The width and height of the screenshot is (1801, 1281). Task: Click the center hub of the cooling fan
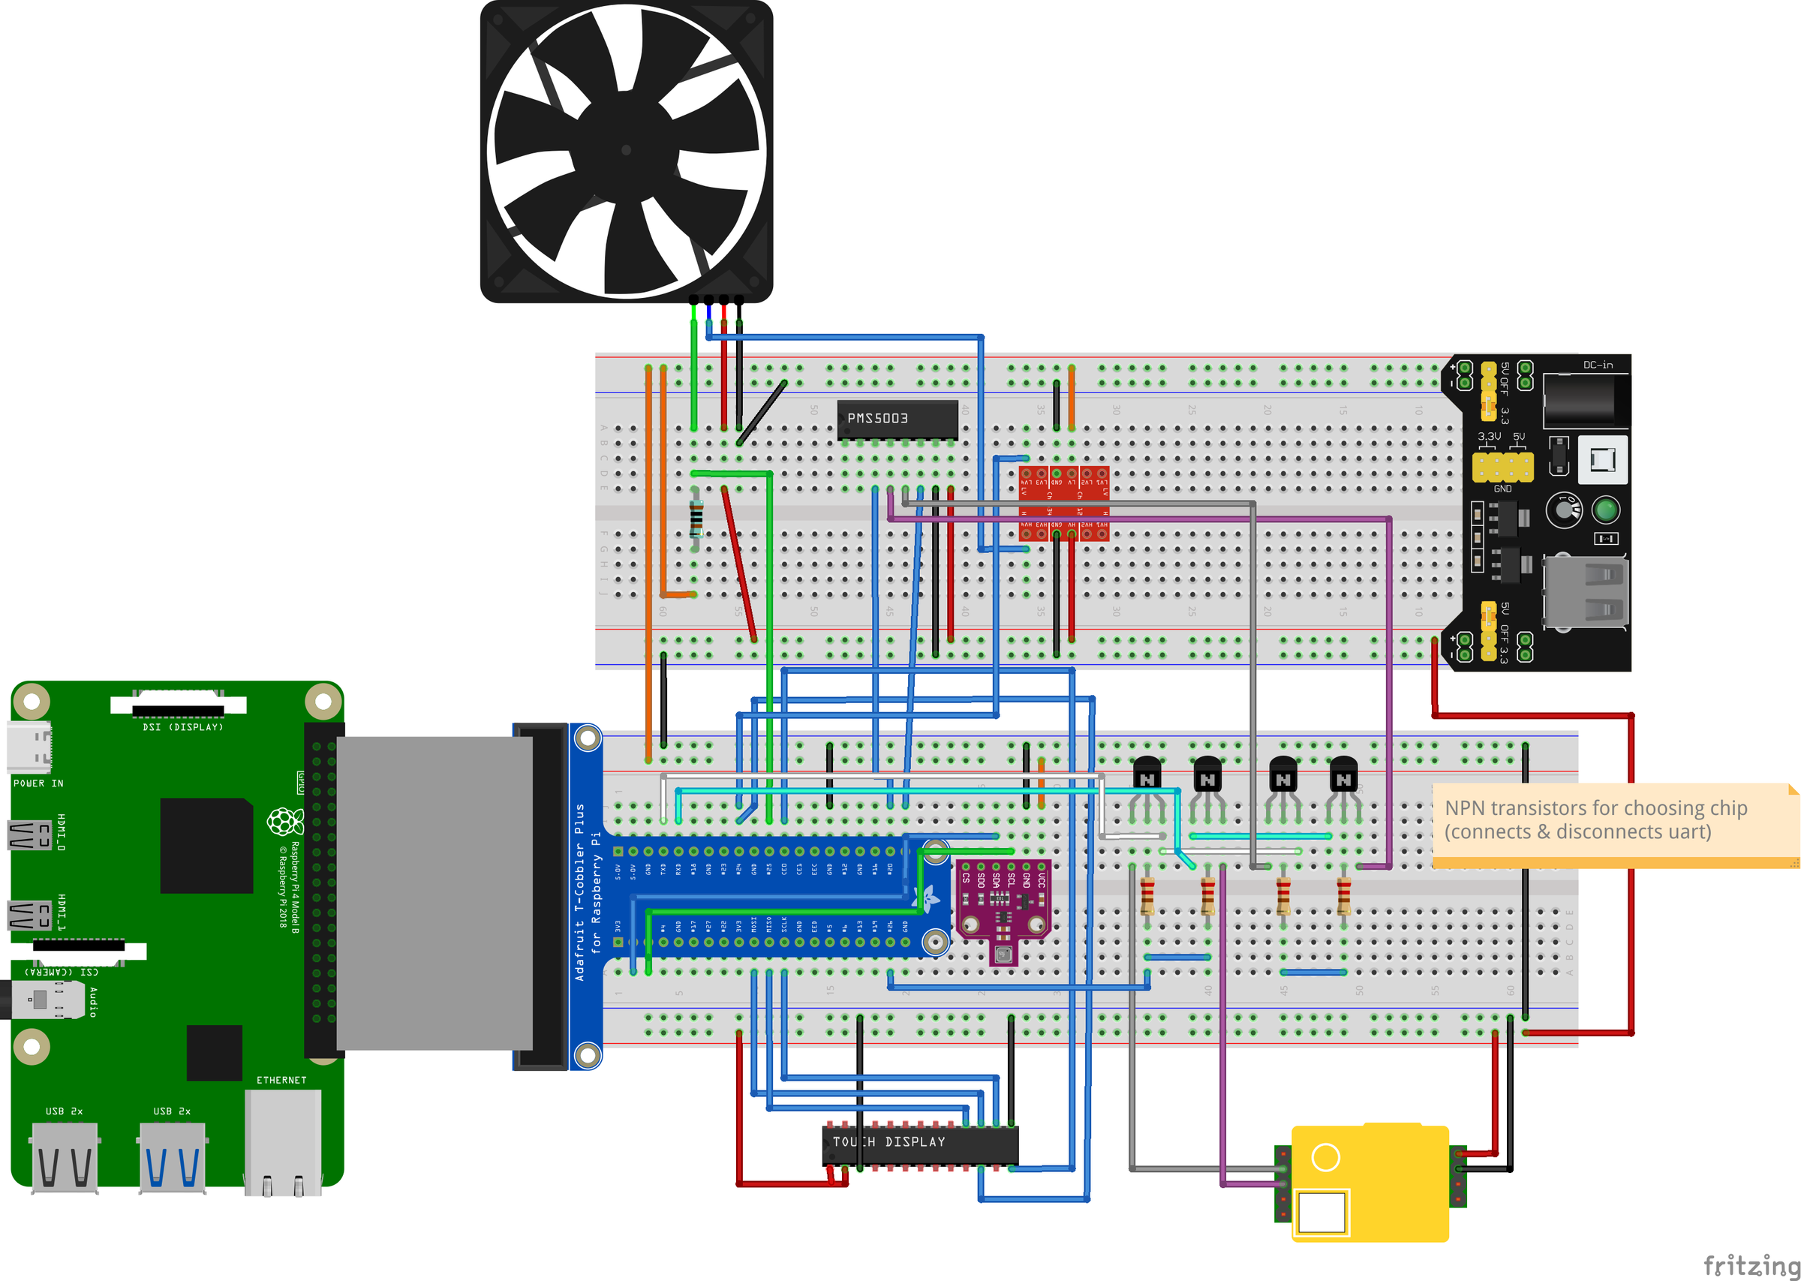(x=626, y=150)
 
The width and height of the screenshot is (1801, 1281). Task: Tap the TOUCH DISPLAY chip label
(x=888, y=1141)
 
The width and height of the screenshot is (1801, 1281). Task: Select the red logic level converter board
(x=1064, y=503)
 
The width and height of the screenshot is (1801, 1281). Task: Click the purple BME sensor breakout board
(x=1003, y=907)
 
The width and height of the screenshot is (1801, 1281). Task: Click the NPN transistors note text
(x=1595, y=819)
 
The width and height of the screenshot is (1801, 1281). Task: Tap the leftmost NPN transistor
(x=1147, y=773)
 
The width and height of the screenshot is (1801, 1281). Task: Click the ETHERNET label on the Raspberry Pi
(x=281, y=1080)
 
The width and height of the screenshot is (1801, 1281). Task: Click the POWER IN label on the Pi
(x=38, y=783)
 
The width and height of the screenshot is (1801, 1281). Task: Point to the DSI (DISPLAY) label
(x=183, y=727)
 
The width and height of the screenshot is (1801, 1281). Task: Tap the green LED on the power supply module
(x=1605, y=510)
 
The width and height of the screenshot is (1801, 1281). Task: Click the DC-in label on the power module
(x=1598, y=365)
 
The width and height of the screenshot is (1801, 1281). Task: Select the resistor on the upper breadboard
(x=696, y=519)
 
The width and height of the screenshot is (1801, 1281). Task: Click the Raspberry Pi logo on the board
(x=284, y=821)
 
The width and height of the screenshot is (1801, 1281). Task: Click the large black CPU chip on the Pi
(x=206, y=846)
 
